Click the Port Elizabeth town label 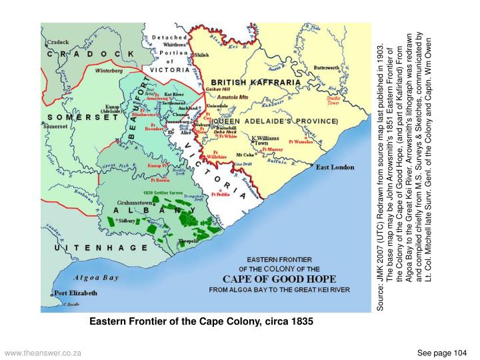(75, 293)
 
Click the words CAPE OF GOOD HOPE (279, 279)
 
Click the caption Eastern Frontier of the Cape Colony (201, 322)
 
